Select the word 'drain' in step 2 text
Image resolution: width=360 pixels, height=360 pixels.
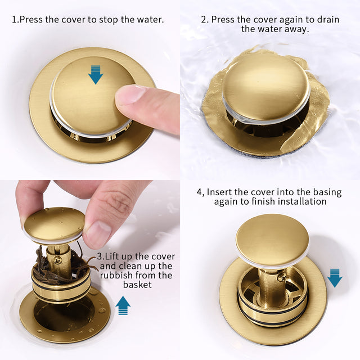click(327, 19)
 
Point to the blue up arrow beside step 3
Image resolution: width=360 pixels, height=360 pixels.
click(123, 305)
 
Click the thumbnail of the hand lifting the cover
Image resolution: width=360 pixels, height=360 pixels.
click(97, 233)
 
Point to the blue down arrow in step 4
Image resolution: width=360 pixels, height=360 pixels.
click(335, 277)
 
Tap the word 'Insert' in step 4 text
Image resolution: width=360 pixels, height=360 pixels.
click(220, 191)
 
